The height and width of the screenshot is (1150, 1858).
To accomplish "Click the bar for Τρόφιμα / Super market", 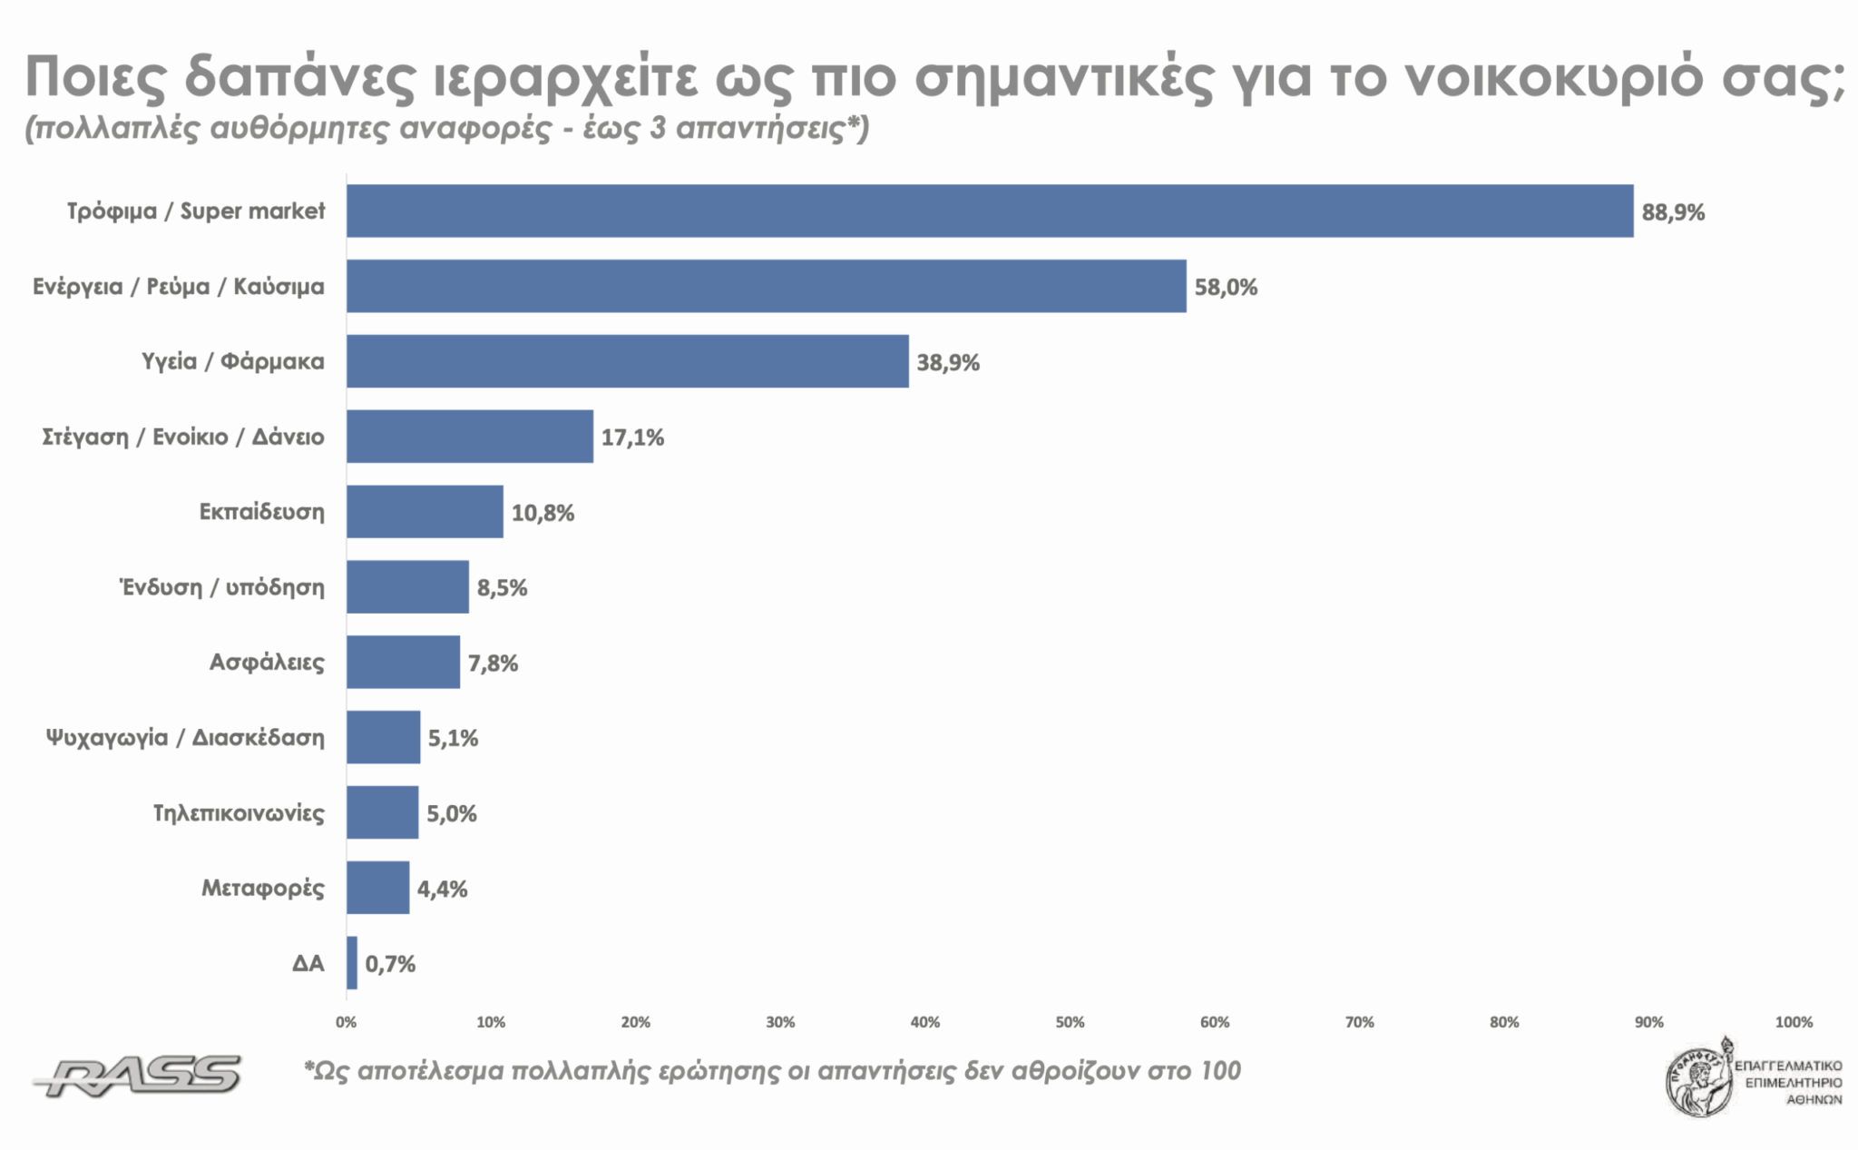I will point(989,211).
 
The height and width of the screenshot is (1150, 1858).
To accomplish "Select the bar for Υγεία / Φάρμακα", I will point(627,361).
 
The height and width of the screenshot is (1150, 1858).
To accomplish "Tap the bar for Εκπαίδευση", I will point(425,512).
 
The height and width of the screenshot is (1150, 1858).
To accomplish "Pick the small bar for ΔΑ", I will point(352,963).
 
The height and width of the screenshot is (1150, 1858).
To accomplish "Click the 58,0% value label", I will point(1226,288).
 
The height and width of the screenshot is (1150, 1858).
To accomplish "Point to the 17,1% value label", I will point(632,437).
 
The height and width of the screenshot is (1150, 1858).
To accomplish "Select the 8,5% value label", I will point(502,588).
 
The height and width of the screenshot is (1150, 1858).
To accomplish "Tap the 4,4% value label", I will point(442,889).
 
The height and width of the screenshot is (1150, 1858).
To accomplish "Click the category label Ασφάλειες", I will point(267,663).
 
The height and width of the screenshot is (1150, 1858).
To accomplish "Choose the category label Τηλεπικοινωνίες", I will point(239,812).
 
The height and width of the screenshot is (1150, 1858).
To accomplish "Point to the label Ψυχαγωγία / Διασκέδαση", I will point(185,737).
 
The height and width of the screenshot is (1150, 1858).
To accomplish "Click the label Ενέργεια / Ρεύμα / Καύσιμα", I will point(179,287).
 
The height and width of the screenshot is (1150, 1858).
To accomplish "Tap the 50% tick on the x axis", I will point(1070,1022).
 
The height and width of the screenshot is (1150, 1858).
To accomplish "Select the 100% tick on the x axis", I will point(1793,1022).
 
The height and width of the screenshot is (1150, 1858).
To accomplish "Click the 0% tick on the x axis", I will point(346,1022).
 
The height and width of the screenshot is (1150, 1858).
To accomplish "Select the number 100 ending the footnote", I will point(1219,1071).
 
